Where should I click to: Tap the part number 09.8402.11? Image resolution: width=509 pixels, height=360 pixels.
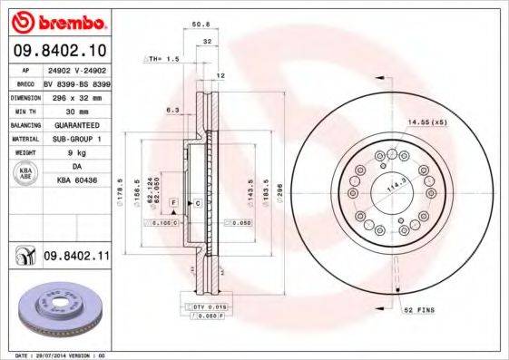tap(76, 258)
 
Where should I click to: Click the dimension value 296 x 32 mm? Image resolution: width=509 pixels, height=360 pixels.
tap(76, 95)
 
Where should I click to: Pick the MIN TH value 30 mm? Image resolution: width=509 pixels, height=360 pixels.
tap(76, 110)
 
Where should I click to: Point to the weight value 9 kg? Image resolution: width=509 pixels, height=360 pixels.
tap(76, 153)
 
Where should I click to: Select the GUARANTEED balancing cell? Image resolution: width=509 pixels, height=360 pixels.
tap(76, 124)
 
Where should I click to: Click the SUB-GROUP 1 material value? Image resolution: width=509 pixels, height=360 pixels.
tap(76, 139)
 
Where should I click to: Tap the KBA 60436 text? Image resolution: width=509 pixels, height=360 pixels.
tap(76, 182)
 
